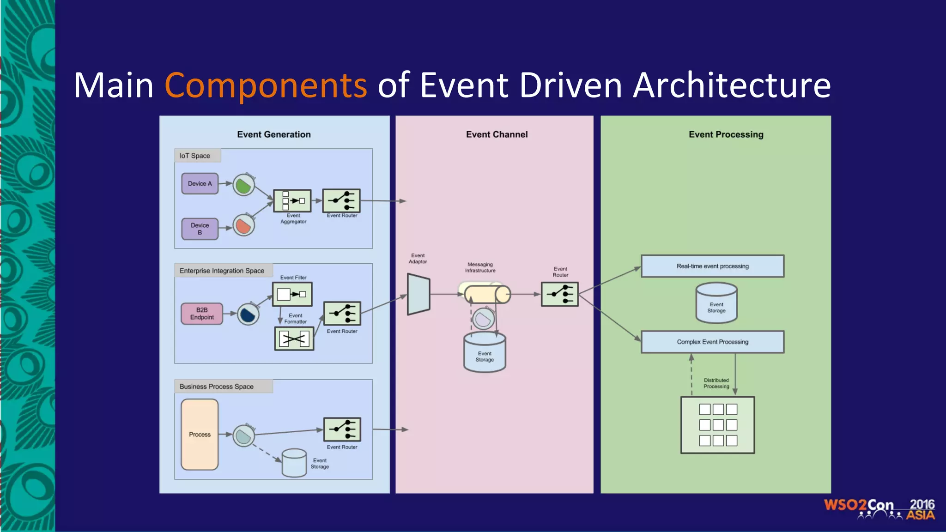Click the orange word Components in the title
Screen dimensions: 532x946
(x=266, y=86)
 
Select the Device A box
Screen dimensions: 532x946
(x=200, y=183)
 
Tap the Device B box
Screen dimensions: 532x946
(x=200, y=229)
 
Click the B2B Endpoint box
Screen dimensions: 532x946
(x=202, y=314)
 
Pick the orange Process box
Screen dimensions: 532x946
(x=200, y=434)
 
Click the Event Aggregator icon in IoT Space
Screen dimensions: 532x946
(x=292, y=201)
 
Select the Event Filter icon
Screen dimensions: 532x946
(x=292, y=294)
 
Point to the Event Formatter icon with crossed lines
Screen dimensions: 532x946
(x=294, y=339)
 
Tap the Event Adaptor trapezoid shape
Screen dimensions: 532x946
(x=418, y=294)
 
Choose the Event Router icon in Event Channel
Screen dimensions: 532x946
(x=560, y=294)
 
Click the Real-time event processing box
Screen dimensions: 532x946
(x=712, y=266)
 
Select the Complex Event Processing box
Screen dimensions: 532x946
(x=712, y=342)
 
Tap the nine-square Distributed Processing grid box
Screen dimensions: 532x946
(x=717, y=425)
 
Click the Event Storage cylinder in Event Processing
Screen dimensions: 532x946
(x=716, y=303)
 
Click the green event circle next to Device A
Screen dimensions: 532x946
(x=243, y=185)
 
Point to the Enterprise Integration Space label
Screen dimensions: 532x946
(x=222, y=271)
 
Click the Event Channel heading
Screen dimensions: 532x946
(x=497, y=134)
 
